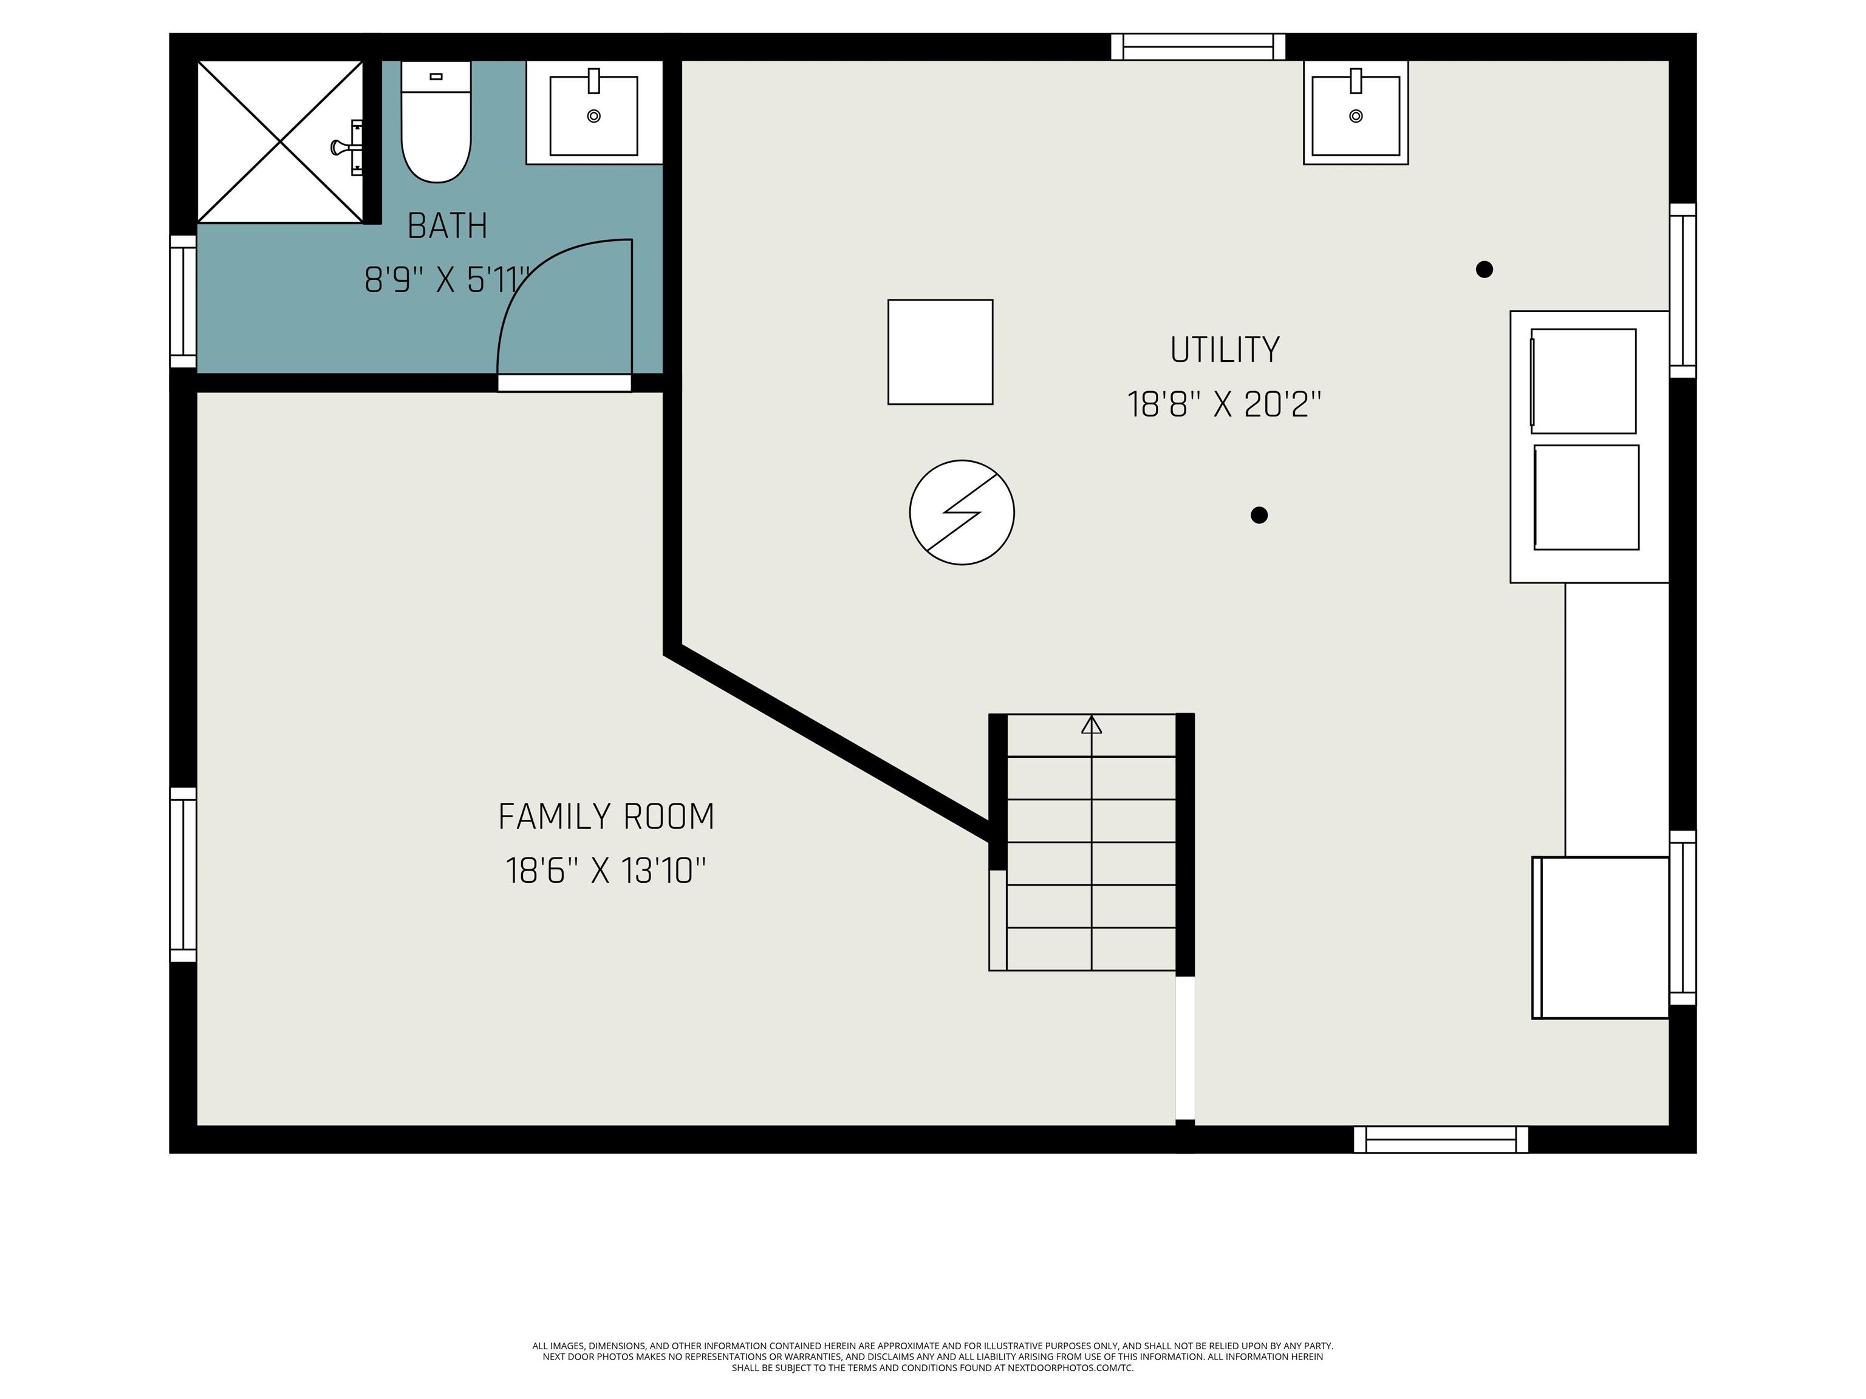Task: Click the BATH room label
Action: click(x=447, y=226)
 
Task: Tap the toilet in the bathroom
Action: click(x=436, y=121)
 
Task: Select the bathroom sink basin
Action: click(x=594, y=115)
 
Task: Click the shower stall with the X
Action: click(x=280, y=141)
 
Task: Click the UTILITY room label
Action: click(x=1225, y=350)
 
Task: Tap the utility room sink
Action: click(x=1356, y=112)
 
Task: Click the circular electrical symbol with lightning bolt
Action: click(x=962, y=512)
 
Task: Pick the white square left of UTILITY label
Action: click(x=940, y=352)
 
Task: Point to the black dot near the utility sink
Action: click(x=1485, y=269)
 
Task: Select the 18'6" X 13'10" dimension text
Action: click(x=606, y=870)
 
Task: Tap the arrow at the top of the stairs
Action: click(x=1092, y=724)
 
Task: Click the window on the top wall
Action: click(x=1198, y=47)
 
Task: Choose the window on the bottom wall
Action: click(x=1441, y=1139)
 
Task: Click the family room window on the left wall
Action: click(x=183, y=874)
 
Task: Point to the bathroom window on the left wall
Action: click(x=183, y=301)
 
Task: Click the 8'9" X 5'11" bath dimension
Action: click(x=448, y=280)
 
